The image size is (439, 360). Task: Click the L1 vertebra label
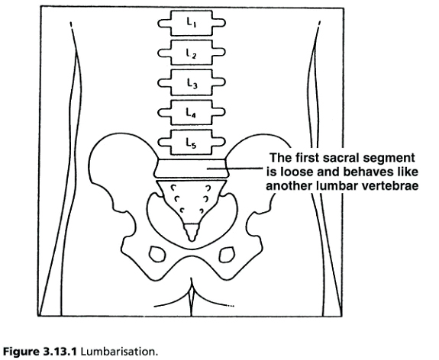(192, 22)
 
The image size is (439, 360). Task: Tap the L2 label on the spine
(192, 53)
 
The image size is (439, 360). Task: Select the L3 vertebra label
(192, 83)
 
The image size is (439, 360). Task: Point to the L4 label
(191, 113)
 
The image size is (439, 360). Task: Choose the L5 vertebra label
(191, 143)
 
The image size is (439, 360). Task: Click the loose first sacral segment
(192, 169)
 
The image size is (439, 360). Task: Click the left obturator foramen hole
(157, 254)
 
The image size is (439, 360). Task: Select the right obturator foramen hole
(226, 255)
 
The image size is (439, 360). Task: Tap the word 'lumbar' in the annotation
(337, 186)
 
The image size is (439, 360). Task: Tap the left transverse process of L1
(164, 23)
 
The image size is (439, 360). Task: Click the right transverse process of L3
(218, 82)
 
